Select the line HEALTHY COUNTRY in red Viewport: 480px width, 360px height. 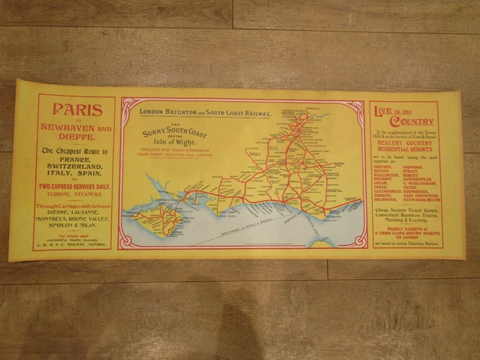click(405, 145)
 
